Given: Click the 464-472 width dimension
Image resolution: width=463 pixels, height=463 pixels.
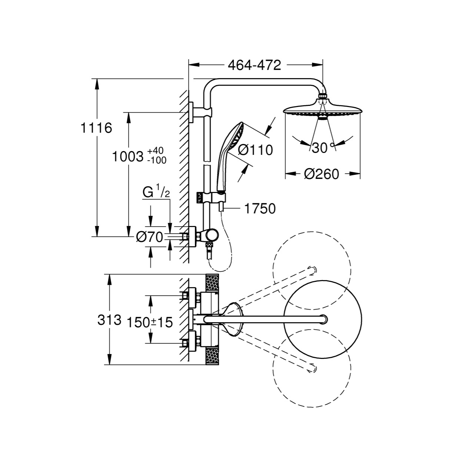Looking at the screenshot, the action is click(x=254, y=65).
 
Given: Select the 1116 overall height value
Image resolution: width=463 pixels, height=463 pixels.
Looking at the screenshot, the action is click(x=96, y=128).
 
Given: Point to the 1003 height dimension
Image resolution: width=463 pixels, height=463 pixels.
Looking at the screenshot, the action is click(x=127, y=157).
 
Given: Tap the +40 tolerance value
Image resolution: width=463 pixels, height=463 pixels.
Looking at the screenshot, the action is click(x=155, y=151).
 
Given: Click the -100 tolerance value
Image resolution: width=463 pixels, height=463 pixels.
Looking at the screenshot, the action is click(x=157, y=160).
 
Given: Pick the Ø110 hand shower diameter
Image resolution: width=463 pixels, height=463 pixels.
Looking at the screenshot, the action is click(x=255, y=150).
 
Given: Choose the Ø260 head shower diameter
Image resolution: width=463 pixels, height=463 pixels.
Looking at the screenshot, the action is click(x=322, y=174).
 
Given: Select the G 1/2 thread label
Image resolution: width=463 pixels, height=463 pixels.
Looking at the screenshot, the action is click(x=156, y=191).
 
